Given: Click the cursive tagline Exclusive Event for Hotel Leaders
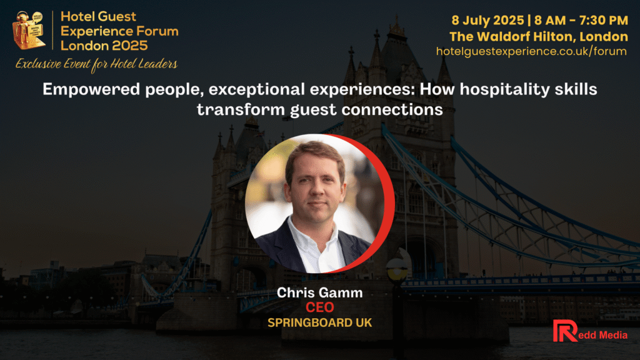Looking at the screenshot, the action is click(x=96, y=64).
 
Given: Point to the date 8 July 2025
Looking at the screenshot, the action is click(x=487, y=20).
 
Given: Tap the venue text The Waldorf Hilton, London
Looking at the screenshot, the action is click(x=538, y=37).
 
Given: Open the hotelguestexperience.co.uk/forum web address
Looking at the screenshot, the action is click(x=531, y=51).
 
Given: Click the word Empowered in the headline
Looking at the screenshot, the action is click(x=91, y=89).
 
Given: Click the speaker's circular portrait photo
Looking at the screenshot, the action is click(x=314, y=203).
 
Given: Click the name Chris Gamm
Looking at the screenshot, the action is click(x=319, y=292).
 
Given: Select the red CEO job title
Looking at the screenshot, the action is click(x=319, y=307).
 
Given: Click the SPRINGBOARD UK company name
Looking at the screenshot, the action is click(x=319, y=323).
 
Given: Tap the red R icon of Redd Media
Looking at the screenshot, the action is click(x=565, y=331).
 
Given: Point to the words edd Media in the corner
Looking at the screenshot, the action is click(x=602, y=335).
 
